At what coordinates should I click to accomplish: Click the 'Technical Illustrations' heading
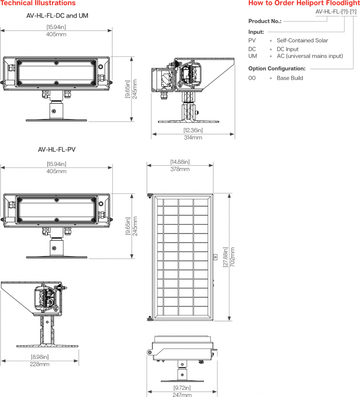point(38,3)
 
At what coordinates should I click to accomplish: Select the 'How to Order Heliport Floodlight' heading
point(304,3)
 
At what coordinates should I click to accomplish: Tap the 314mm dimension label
point(193,137)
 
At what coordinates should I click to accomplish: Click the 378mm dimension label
point(180,169)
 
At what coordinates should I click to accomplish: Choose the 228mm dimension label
point(40,364)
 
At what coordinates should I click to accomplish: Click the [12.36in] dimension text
point(193,130)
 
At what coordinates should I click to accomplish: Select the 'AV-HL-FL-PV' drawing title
point(57,150)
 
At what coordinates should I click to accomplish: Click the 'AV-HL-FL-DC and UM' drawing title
point(57,15)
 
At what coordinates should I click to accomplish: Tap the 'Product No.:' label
point(265,21)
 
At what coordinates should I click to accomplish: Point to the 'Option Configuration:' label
point(277,69)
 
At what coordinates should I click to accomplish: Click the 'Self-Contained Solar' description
point(302,41)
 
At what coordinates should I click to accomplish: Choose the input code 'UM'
point(253,56)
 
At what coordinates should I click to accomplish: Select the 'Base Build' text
point(290,78)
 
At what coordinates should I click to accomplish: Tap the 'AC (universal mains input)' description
point(309,56)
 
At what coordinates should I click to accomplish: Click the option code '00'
point(252,78)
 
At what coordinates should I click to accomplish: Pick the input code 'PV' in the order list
point(252,41)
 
